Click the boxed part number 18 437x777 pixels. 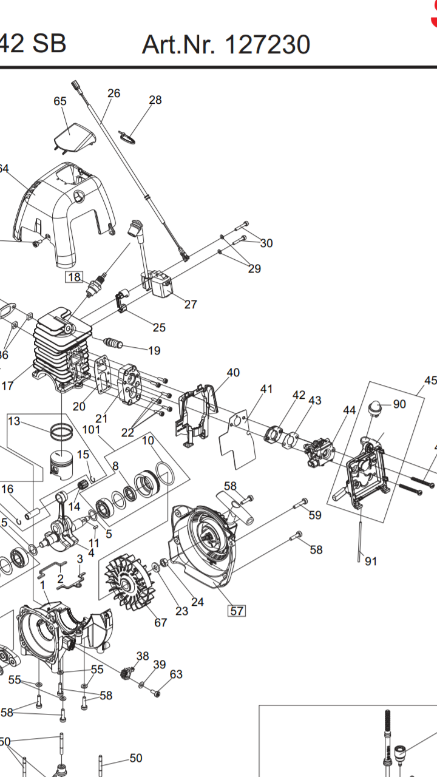[73, 277]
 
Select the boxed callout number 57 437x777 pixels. [236, 611]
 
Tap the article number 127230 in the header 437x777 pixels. [268, 45]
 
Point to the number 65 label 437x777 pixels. [60, 101]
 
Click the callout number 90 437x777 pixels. [399, 404]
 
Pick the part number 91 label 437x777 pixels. [370, 561]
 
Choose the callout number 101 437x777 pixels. [91, 430]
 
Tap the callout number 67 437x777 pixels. [160, 623]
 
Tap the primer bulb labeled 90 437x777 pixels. [378, 407]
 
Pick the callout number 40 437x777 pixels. [233, 373]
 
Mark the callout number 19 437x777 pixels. [154, 350]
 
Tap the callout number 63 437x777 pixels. [176, 674]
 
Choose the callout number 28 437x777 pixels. [155, 100]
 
